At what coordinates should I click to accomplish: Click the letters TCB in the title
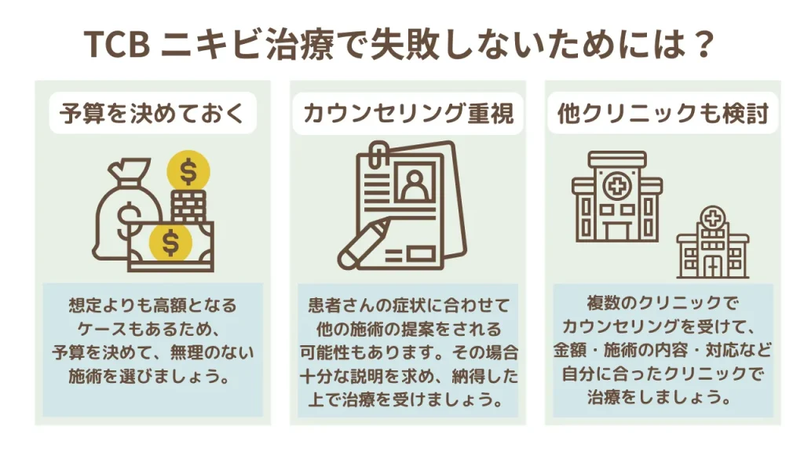tap(118, 45)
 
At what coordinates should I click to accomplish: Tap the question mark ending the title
tap(702, 45)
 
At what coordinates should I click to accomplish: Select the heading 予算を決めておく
tap(152, 113)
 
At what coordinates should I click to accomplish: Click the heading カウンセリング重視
tap(408, 113)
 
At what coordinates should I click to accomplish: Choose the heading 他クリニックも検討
tap(663, 113)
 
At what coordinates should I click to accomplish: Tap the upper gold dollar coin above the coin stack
tap(188, 171)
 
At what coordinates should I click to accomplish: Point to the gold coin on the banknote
tap(170, 242)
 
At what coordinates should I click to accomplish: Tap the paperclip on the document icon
tap(378, 155)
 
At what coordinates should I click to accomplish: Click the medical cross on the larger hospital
tap(617, 185)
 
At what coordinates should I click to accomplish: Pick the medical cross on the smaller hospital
tap(711, 219)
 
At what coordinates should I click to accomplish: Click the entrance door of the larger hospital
tap(616, 231)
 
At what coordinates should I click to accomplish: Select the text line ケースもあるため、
tap(152, 329)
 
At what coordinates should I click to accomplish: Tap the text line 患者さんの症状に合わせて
tap(408, 306)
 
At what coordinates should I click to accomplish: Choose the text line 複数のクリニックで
tap(663, 304)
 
